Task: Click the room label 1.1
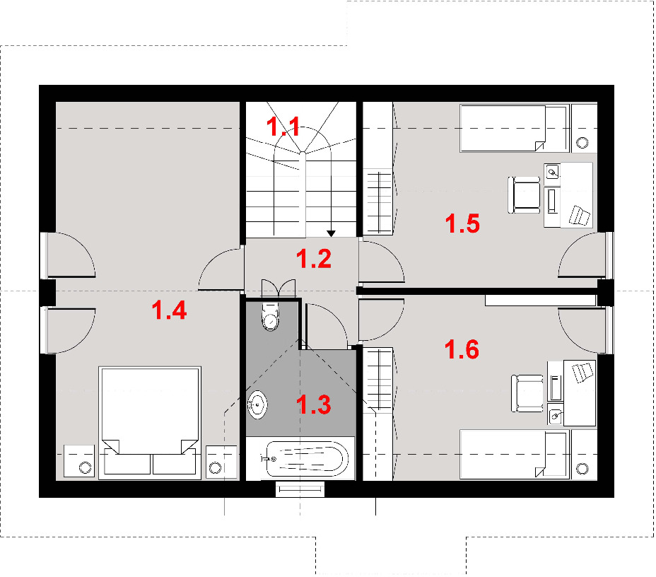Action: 283,127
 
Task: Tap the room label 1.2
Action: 314,259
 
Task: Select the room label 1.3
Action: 314,404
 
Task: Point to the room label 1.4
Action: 169,310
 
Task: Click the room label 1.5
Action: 462,223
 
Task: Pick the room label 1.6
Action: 462,349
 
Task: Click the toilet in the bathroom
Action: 270,316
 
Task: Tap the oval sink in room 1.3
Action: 257,404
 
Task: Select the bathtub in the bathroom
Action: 307,459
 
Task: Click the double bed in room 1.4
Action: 150,423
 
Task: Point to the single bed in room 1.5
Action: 515,128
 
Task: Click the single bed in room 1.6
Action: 515,454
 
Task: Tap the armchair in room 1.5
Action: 524,195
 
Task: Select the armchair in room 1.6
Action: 527,393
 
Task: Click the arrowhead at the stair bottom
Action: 331,233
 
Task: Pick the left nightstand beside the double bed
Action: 79,460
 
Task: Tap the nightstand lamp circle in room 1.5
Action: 582,143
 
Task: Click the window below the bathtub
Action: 300,489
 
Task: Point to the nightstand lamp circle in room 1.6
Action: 582,469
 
